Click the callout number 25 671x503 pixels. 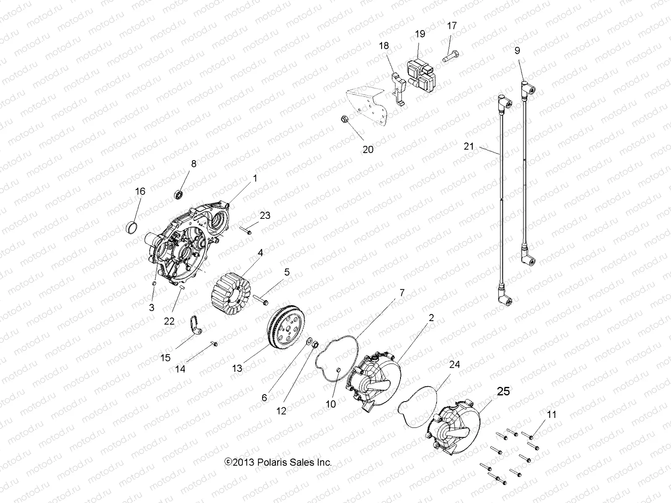503,391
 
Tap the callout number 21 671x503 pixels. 469,146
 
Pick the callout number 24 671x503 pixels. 454,365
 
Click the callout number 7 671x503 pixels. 402,293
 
